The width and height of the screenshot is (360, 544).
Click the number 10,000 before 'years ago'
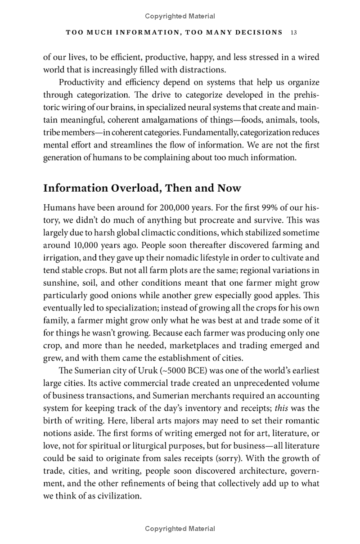pyautogui.click(x=87, y=245)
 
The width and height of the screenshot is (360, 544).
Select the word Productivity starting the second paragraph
pyautogui.click(x=82, y=83)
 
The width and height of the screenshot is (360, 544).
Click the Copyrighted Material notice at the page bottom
pyautogui.click(x=180, y=529)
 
